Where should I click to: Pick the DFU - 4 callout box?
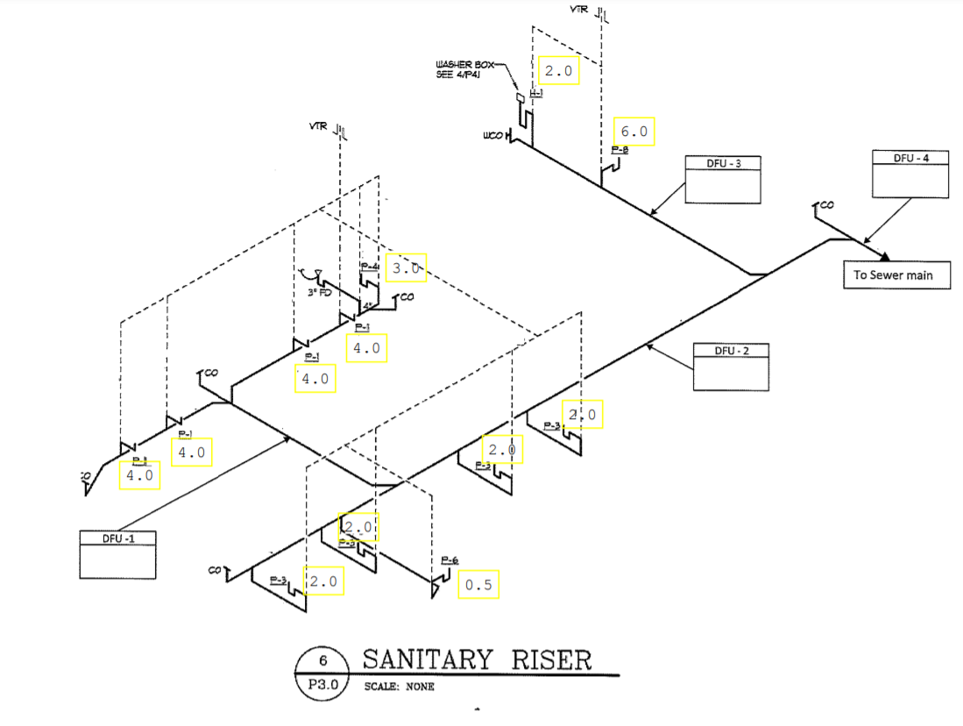coord(910,173)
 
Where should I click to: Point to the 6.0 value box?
coord(634,132)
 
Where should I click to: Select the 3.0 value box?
coord(406,267)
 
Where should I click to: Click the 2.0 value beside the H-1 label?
coord(558,70)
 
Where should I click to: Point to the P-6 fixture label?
coord(450,560)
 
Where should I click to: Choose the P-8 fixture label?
coord(620,150)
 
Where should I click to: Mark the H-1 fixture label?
coord(536,93)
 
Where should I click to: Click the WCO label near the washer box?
coord(492,137)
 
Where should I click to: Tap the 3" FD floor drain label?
coord(319,293)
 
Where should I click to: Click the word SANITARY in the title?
coord(421,658)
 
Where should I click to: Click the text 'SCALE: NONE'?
coord(399,686)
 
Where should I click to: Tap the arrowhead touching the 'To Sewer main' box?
coord(886,256)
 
